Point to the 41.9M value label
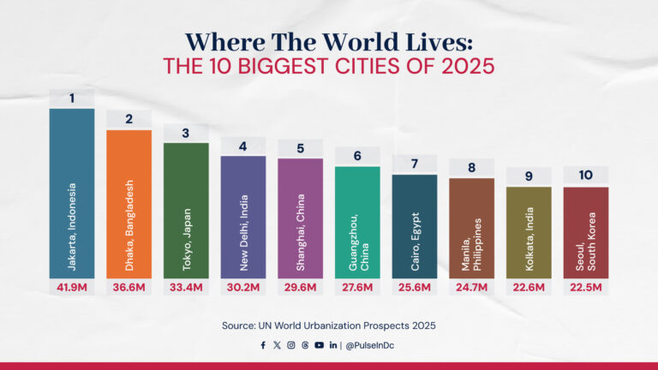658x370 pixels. pyautogui.click(x=72, y=287)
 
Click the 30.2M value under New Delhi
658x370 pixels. pyautogui.click(x=243, y=287)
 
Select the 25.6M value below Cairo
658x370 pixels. pyautogui.click(x=415, y=287)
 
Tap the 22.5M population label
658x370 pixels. pyautogui.click(x=586, y=287)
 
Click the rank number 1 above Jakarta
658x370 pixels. pyautogui.click(x=72, y=98)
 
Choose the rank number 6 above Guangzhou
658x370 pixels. pyautogui.click(x=357, y=156)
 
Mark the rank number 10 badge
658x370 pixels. pyautogui.click(x=586, y=176)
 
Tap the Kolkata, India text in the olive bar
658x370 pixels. pyautogui.click(x=529, y=240)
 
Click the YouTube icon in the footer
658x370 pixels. pyautogui.click(x=319, y=345)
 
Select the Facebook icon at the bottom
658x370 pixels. pyautogui.click(x=263, y=345)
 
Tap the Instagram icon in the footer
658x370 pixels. pyautogui.click(x=291, y=345)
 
